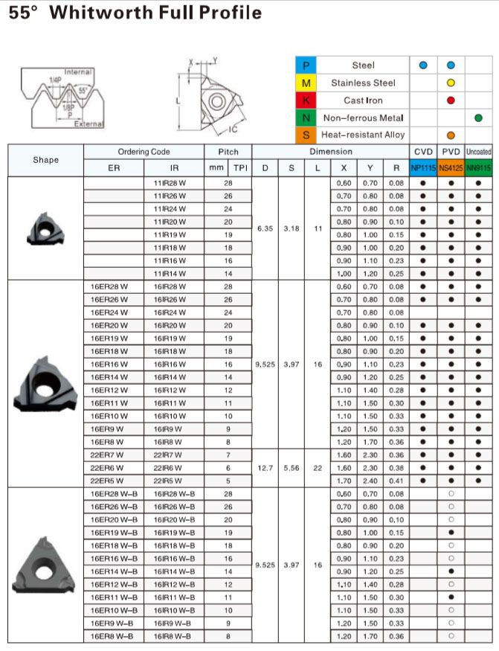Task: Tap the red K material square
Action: click(306, 100)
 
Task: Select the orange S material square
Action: click(306, 135)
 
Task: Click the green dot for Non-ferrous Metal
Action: click(478, 118)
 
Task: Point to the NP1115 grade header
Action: click(423, 168)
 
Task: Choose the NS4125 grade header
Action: click(451, 168)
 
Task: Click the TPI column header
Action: click(239, 168)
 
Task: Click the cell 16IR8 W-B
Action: click(174, 636)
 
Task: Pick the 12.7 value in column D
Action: click(265, 468)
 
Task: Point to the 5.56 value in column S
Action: click(292, 468)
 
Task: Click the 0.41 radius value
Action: click(396, 481)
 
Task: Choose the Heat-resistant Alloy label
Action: click(364, 135)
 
